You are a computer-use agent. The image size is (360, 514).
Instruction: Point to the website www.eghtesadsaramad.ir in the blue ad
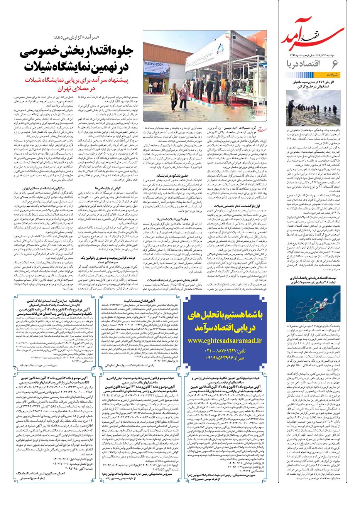225,340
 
